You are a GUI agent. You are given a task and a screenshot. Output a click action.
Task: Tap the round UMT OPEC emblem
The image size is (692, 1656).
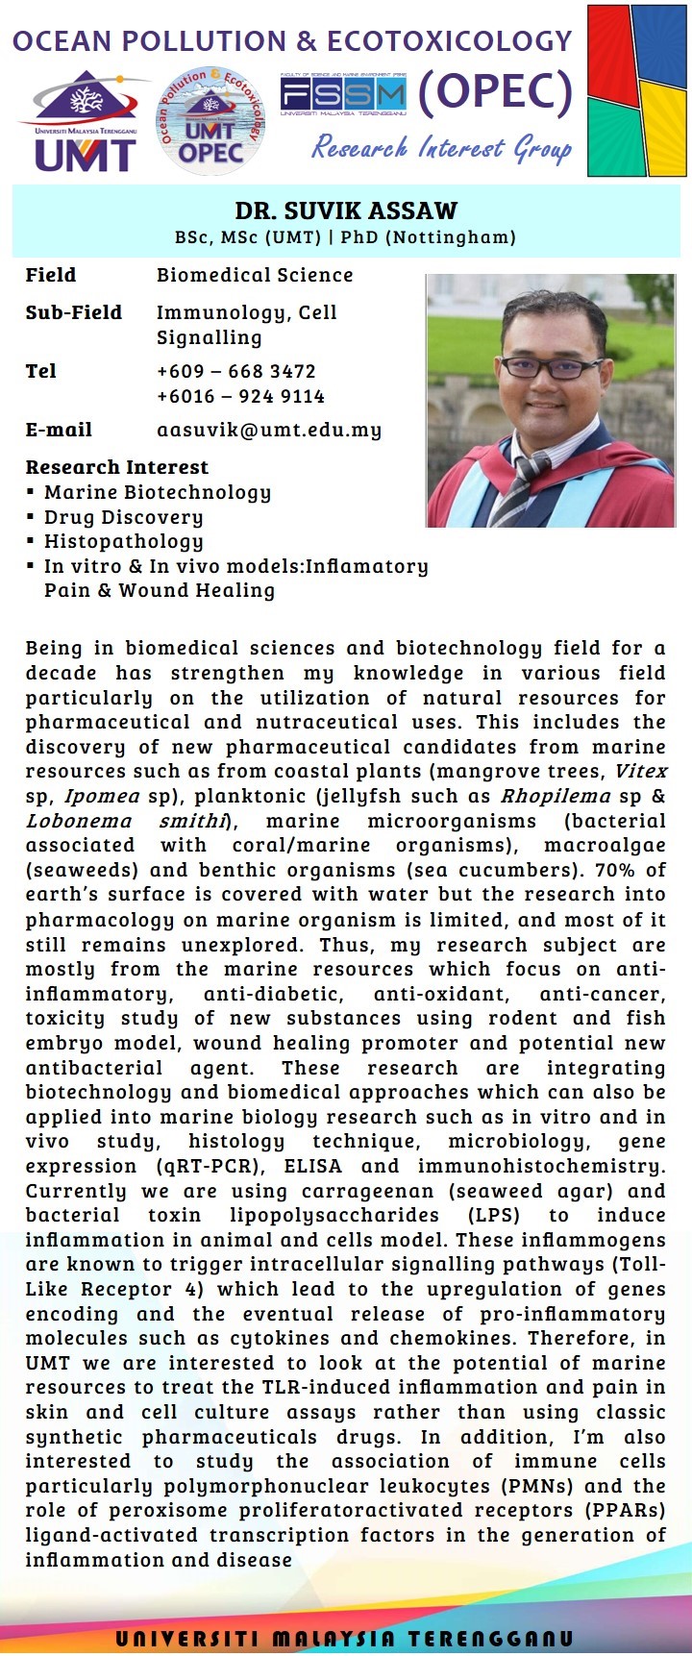pyautogui.click(x=210, y=121)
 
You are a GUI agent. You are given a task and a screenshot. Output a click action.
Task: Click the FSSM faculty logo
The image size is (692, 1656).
pyautogui.click(x=343, y=95)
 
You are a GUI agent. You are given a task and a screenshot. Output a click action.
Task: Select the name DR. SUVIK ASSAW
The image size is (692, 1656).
pyautogui.click(x=346, y=210)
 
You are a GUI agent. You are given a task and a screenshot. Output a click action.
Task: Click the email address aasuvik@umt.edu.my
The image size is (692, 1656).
pyautogui.click(x=269, y=430)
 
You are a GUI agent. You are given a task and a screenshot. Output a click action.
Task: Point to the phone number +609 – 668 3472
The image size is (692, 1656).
pyautogui.click(x=236, y=371)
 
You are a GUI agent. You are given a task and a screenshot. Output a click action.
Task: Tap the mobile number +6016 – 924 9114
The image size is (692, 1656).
pyautogui.click(x=240, y=396)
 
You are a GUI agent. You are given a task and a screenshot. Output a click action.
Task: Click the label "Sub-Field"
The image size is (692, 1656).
pyautogui.click(x=74, y=312)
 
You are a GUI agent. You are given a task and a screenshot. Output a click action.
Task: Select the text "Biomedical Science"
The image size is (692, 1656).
pyautogui.click(x=255, y=275)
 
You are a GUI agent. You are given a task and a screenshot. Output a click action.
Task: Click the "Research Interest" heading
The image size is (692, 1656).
pyautogui.click(x=116, y=467)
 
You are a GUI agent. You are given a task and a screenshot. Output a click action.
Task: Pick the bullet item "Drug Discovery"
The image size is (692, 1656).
pyautogui.click(x=123, y=517)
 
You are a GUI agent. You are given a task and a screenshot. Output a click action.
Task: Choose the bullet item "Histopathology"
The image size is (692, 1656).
pyautogui.click(x=123, y=542)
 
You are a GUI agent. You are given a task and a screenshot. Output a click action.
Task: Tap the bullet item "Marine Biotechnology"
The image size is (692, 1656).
pyautogui.click(x=157, y=492)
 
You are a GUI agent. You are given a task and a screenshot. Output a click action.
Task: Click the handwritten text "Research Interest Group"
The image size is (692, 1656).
pyautogui.click(x=442, y=148)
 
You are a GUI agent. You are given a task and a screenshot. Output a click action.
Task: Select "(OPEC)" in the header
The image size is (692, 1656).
pyautogui.click(x=495, y=92)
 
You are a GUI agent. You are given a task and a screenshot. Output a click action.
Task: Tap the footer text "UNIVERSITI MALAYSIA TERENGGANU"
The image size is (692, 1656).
pyautogui.click(x=345, y=1638)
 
